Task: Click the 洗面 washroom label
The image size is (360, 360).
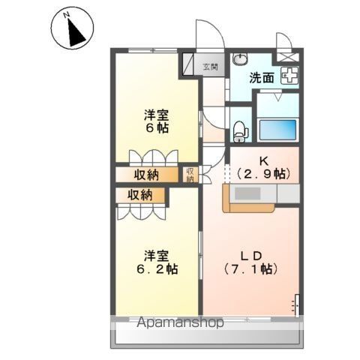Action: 262,76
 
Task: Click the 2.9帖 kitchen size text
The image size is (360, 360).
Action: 263,173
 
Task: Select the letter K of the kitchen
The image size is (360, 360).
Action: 263,160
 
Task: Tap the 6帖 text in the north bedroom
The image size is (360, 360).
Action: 157,128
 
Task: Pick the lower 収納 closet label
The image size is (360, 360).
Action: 140,195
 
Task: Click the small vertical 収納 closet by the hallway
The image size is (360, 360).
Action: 190,175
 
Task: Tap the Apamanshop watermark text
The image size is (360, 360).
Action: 180,324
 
